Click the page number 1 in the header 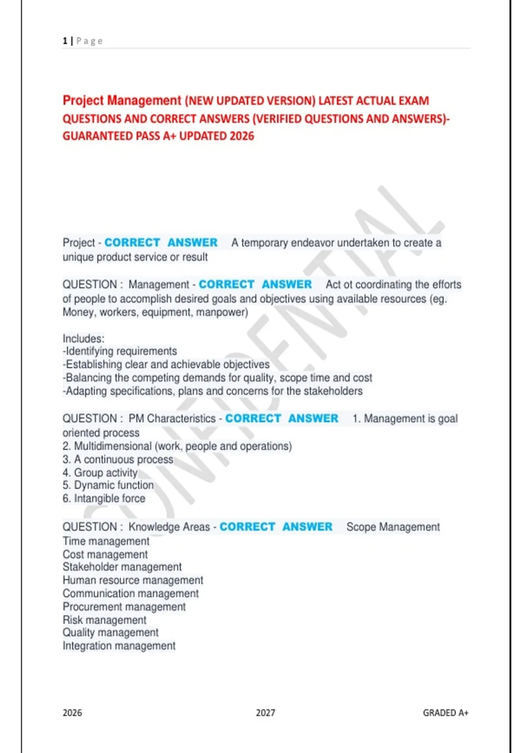(65, 41)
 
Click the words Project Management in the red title (122, 101)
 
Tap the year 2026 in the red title (242, 136)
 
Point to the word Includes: (84, 338)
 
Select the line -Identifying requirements (120, 351)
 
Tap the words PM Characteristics (172, 419)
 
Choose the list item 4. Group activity (100, 473)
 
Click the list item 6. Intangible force (104, 499)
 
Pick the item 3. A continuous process (118, 459)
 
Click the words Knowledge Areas (169, 527)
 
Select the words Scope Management (393, 527)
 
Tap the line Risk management (104, 620)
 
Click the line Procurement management (124, 606)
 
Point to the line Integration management (119, 646)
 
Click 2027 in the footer (265, 713)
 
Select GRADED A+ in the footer (445, 713)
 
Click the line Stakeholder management (122, 567)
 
